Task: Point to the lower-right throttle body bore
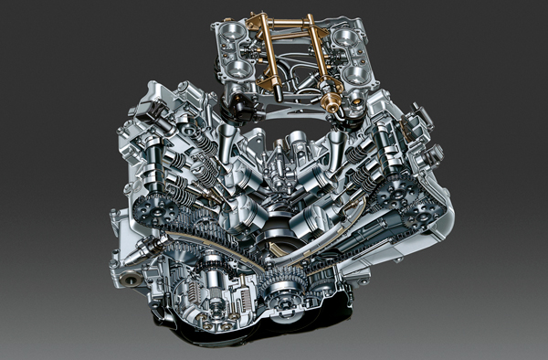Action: tap(353, 74)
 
